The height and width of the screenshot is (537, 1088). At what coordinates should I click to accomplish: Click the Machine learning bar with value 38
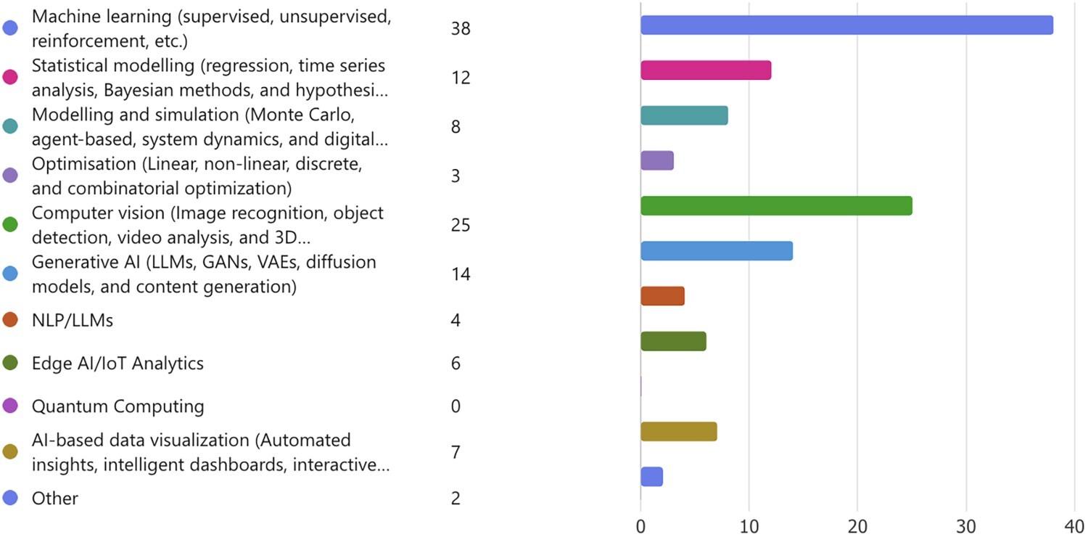[x=846, y=25]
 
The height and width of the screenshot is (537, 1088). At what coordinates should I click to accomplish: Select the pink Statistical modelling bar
[x=706, y=70]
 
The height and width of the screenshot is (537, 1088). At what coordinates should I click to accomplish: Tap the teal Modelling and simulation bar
[x=684, y=115]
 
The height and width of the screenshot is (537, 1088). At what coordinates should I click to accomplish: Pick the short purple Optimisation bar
[x=657, y=161]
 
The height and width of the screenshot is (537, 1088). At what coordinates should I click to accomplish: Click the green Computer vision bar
[x=776, y=206]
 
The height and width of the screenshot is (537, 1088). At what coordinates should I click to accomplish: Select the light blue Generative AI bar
[x=717, y=251]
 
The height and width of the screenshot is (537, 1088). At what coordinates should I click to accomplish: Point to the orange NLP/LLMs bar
[x=662, y=296]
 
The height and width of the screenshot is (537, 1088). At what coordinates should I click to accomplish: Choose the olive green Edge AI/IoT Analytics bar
[x=673, y=341]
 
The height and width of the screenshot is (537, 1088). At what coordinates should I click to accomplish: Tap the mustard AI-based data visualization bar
[x=678, y=432]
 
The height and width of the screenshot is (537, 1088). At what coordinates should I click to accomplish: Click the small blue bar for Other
[x=651, y=477]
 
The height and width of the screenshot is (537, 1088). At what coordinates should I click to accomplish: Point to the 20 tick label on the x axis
[x=857, y=526]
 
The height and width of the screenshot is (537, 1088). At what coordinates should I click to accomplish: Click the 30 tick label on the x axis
[x=966, y=526]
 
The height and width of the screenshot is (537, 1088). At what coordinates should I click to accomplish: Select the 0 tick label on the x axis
[x=640, y=526]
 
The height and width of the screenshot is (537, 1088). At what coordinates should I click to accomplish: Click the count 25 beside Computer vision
[x=461, y=225]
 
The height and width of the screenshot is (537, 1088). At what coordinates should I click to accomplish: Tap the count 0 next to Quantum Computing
[x=456, y=406]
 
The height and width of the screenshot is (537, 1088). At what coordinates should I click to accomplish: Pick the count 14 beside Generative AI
[x=461, y=274]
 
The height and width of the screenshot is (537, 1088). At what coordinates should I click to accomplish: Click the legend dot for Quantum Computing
[x=10, y=406]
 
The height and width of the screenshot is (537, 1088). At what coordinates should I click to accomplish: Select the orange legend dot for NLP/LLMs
[x=10, y=320]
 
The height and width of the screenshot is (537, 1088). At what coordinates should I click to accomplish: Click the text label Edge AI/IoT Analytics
[x=118, y=363]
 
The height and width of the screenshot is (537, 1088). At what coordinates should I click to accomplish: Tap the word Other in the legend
[x=55, y=498]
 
